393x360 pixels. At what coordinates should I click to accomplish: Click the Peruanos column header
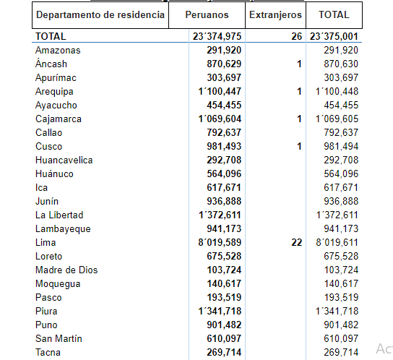[207, 14]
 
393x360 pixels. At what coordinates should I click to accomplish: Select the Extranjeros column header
[275, 14]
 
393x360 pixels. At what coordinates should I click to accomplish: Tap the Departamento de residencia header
[100, 14]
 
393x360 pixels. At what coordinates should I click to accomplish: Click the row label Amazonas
[58, 50]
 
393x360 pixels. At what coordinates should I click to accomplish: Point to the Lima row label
[46, 243]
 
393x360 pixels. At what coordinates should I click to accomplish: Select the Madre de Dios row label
[66, 270]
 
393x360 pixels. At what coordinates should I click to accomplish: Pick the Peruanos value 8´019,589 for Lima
[220, 243]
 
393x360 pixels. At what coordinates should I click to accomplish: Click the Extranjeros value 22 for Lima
[297, 243]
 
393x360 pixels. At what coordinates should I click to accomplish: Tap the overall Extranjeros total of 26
[297, 36]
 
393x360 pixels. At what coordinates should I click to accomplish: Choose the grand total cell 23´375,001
[334, 36]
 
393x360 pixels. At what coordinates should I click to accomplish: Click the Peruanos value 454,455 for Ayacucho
[224, 105]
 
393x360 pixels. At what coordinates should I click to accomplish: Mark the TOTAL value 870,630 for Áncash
[341, 64]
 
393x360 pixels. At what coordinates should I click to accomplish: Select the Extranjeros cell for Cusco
[299, 146]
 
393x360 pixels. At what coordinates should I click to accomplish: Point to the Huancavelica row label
[64, 160]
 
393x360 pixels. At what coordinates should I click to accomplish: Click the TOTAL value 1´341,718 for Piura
[337, 311]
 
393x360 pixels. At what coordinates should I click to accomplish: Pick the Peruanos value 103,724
[224, 270]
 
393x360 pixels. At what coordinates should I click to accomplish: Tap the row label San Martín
[59, 339]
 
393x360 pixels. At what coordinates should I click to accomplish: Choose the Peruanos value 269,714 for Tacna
[224, 353]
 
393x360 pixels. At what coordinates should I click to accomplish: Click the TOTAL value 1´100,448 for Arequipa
[337, 91]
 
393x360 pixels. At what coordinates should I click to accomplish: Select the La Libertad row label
[59, 215]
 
